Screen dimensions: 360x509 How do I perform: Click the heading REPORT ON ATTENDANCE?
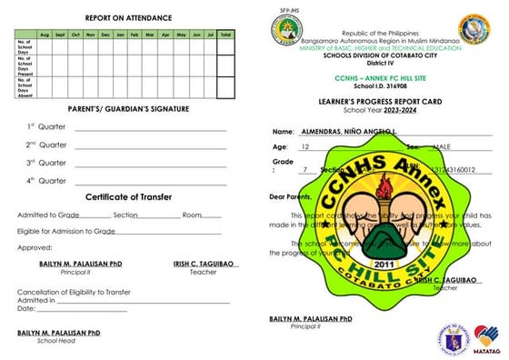pyautogui.click(x=123, y=17)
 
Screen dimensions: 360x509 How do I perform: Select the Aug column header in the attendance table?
pyautogui.click(x=45, y=34)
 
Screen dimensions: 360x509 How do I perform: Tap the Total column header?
pyautogui.click(x=225, y=34)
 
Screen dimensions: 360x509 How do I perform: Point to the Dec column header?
pyautogui.click(x=105, y=34)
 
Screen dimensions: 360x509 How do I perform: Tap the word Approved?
pyautogui.click(x=35, y=246)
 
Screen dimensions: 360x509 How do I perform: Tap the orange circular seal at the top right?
pyautogui.click(x=474, y=30)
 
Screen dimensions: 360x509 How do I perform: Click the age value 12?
pyautogui.click(x=305, y=146)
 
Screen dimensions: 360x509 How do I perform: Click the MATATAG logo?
pyautogui.click(x=488, y=335)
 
